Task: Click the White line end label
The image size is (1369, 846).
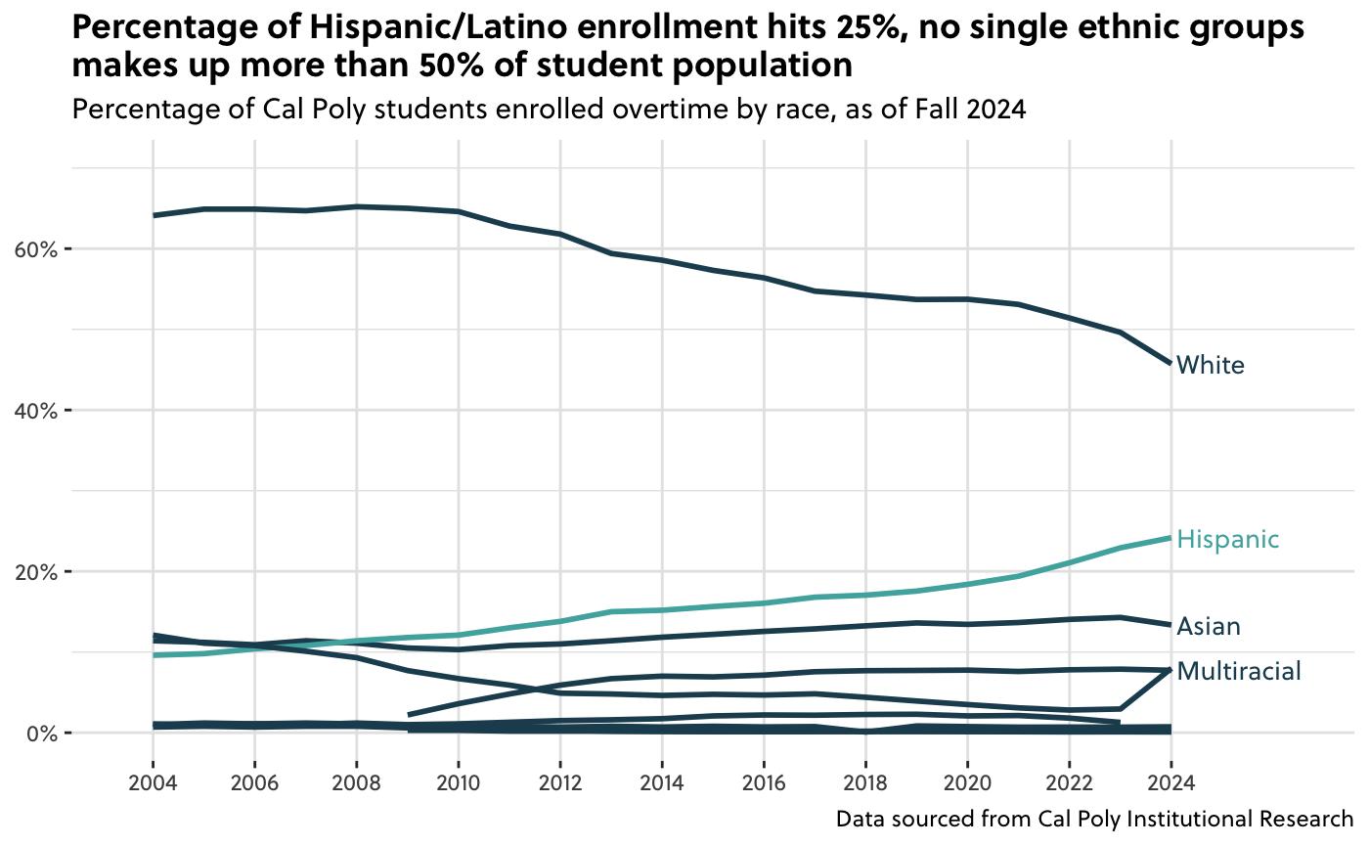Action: [x=1210, y=366]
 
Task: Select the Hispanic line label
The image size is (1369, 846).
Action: [x=1227, y=540]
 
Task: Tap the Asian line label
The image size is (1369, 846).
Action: [x=1209, y=626]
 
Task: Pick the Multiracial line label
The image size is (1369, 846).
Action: [x=1239, y=671]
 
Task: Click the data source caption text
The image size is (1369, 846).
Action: [x=1094, y=819]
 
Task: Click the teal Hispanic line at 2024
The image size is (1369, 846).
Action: [x=1170, y=538]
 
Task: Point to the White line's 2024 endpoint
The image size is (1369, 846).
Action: [x=1170, y=363]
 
